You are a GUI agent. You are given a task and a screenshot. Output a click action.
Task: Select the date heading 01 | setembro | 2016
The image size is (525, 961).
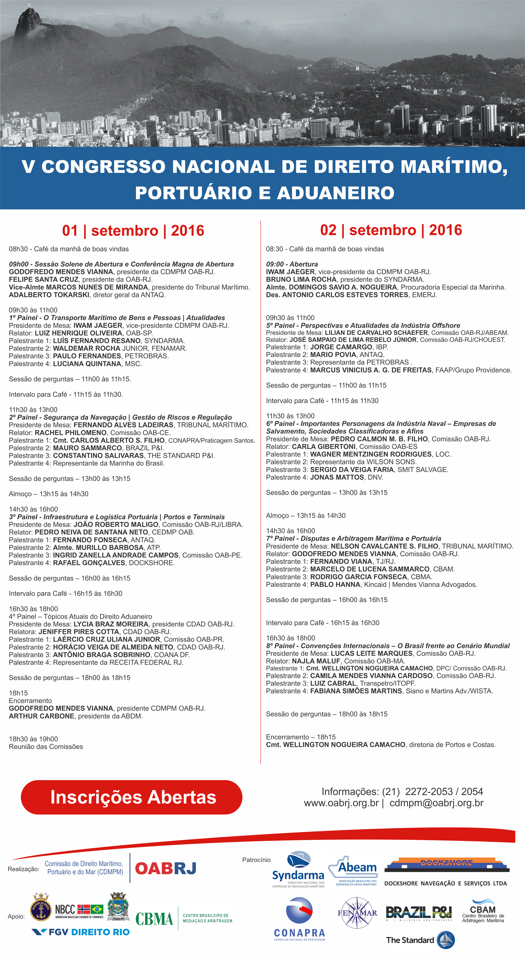pyautogui.click(x=133, y=231)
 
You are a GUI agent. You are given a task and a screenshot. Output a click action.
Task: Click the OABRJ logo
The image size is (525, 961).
pyautogui.click(x=166, y=868)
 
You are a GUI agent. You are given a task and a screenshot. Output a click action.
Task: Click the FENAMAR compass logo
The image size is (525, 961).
pyautogui.click(x=357, y=913)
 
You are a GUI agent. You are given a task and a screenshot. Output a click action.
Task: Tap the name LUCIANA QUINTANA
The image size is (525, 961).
pyautogui.click(x=87, y=364)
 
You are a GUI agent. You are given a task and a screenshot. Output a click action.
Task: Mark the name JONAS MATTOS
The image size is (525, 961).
pyautogui.click(x=337, y=477)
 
